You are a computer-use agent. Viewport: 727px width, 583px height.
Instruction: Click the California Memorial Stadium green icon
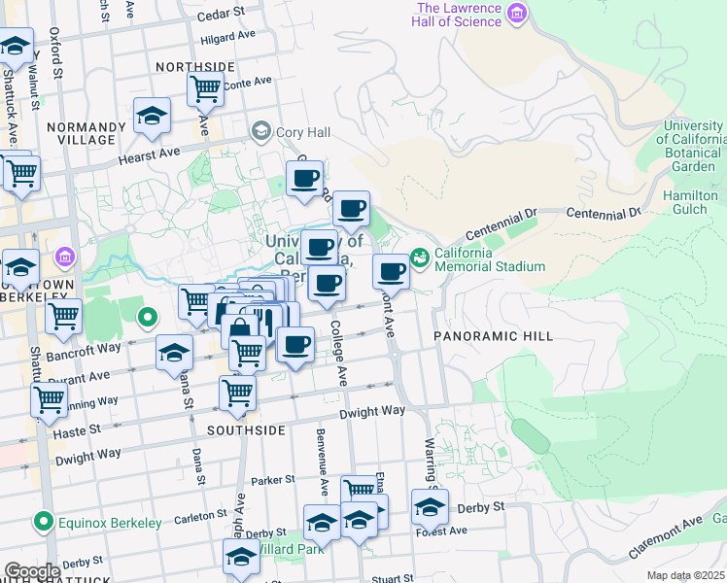420,257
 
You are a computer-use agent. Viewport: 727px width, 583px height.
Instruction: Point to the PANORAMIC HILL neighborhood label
493,336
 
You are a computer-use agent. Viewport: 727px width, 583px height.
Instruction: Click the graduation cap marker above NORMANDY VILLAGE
153,116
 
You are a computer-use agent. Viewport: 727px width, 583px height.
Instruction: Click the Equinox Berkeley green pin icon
43,523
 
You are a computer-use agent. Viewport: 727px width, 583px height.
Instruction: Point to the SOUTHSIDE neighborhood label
246,429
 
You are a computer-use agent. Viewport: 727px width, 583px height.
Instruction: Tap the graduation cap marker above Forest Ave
430,505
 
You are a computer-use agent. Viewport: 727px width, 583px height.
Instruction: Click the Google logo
32,571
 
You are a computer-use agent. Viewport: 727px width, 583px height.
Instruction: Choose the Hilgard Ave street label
227,38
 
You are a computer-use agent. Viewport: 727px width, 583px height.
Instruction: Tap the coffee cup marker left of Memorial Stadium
391,272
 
